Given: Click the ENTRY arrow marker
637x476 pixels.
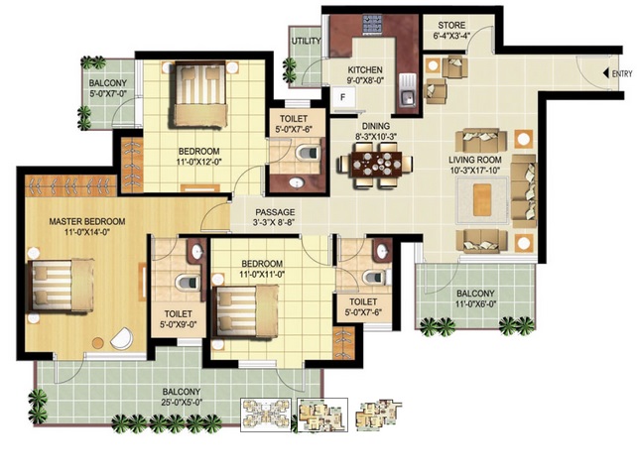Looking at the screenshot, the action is (606, 73).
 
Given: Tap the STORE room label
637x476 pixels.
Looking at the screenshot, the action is (451, 25).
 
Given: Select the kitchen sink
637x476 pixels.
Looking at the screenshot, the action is (408, 90).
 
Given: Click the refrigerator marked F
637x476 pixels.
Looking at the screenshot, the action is (343, 97).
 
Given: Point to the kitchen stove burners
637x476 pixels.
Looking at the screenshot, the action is (372, 26).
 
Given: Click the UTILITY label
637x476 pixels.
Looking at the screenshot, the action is (306, 41).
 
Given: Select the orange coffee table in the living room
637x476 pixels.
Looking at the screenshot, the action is (482, 200).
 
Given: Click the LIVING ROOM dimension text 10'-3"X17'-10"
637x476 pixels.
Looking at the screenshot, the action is (474, 171).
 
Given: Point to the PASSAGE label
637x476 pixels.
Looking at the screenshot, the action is (275, 212).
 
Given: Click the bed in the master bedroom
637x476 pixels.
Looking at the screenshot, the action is (61, 286).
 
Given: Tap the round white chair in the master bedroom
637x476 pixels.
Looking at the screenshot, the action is (122, 338).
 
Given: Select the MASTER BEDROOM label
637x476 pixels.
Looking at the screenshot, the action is (87, 221).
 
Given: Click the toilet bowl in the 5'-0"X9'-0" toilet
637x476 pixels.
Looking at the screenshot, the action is (188, 282).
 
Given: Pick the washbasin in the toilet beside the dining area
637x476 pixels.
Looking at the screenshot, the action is (298, 183).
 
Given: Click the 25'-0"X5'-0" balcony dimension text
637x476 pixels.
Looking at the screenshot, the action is (182, 403).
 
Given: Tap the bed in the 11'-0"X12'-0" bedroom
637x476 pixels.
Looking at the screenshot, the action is (199, 94).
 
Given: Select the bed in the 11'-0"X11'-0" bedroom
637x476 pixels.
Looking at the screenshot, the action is (247, 310).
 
